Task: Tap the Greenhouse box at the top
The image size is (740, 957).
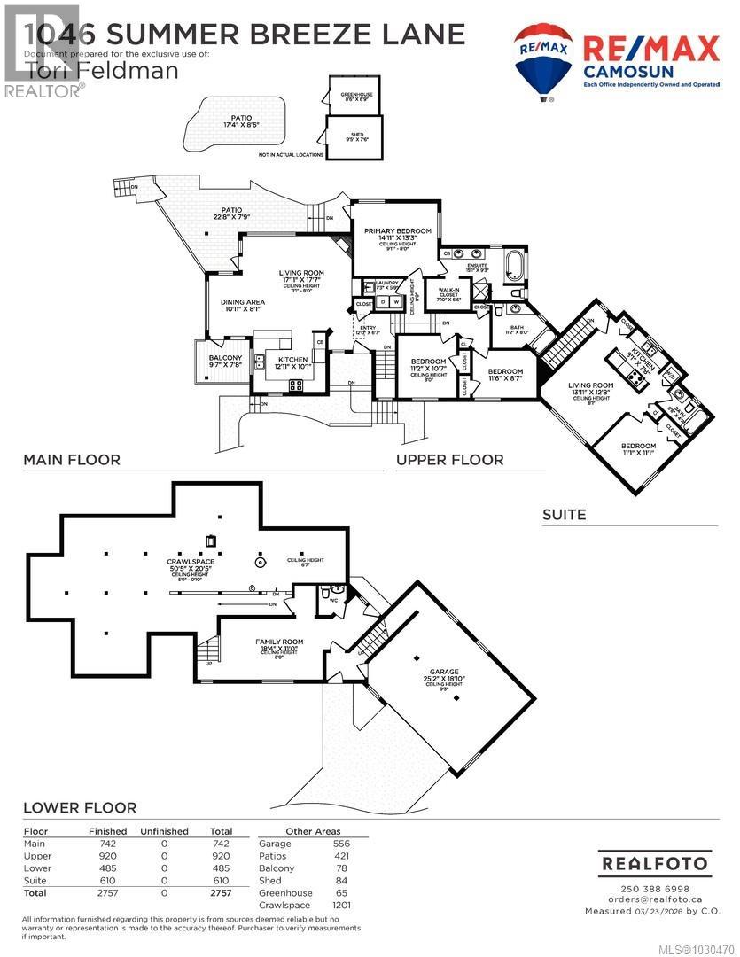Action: pyautogui.click(x=353, y=95)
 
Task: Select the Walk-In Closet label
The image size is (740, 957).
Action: pyautogui.click(x=442, y=296)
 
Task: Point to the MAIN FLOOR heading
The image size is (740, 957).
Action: pyautogui.click(x=72, y=460)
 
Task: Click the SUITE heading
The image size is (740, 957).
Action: pyautogui.click(x=566, y=514)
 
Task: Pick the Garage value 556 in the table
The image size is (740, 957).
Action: pyautogui.click(x=340, y=844)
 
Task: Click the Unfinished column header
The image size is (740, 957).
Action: pyautogui.click(x=164, y=831)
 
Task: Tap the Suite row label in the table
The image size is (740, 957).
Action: pyautogui.click(x=35, y=881)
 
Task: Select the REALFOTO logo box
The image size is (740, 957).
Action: pyautogui.click(x=654, y=863)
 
